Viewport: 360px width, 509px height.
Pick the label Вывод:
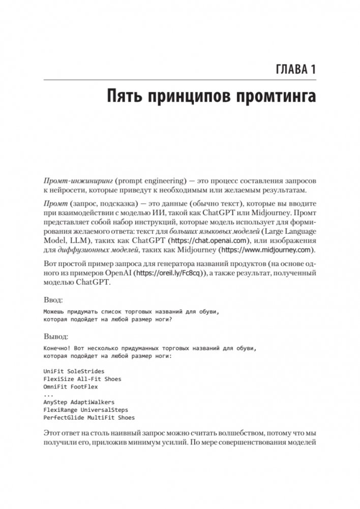click(56, 337)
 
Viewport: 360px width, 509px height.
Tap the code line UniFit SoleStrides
click(74, 372)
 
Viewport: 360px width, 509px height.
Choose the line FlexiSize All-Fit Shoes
click(82, 379)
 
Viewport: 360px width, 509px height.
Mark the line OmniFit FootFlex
click(72, 387)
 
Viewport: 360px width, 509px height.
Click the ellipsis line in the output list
click(48, 395)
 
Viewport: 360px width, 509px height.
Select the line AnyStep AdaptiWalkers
click(79, 402)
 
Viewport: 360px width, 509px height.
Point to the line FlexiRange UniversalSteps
click(86, 410)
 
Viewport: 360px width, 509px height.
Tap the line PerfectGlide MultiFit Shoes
click(89, 417)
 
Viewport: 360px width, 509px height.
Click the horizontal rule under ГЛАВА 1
click(180, 80)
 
